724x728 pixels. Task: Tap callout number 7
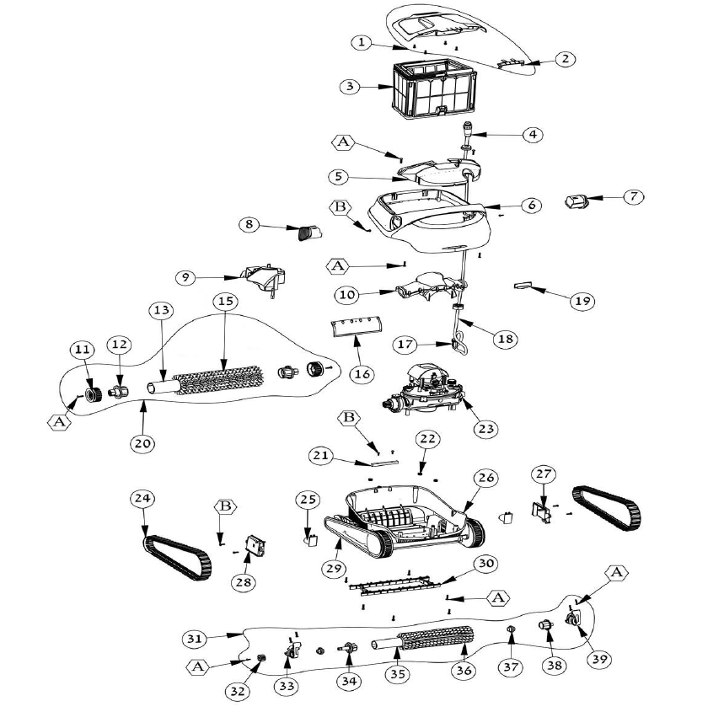[x=634, y=195]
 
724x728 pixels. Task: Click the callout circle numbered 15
[x=223, y=301]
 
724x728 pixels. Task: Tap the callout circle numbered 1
[x=361, y=41]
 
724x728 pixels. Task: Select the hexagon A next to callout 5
[x=344, y=142]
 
